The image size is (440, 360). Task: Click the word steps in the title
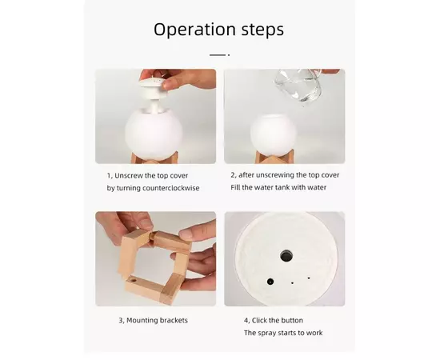point(262,30)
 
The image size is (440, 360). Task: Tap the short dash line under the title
point(218,55)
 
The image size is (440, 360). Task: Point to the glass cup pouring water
point(298,86)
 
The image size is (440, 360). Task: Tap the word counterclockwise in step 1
point(171,188)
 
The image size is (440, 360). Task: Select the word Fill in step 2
point(235,187)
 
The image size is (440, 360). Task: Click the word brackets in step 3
point(174,320)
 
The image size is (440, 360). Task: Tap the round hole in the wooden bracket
point(132,280)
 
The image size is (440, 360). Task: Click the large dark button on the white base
point(286,256)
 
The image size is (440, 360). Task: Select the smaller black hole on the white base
point(270,282)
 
